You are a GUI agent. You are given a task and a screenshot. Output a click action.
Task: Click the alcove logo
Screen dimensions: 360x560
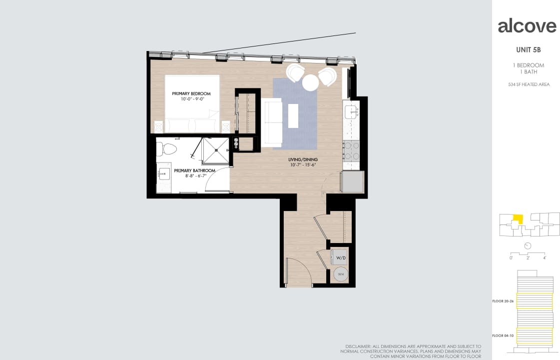[527, 26]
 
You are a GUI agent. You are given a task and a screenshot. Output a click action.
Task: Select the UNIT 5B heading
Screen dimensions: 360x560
[528, 50]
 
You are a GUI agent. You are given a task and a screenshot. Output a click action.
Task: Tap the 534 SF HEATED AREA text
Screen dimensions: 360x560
[529, 84]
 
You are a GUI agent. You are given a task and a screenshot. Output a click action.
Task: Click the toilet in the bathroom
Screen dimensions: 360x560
[167, 148]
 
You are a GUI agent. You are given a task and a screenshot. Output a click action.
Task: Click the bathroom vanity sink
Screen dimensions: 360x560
[163, 174]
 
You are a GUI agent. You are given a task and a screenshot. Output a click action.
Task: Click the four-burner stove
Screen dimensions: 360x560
[351, 150]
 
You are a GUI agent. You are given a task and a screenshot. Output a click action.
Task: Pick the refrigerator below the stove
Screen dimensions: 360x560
[352, 182]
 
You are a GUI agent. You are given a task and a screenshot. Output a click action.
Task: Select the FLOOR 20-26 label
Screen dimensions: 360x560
[504, 301]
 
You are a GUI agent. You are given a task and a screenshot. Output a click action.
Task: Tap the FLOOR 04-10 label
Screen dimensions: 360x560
[504, 335]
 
